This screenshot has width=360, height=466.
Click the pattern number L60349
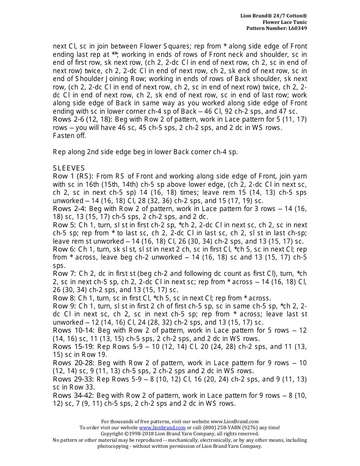[297, 28]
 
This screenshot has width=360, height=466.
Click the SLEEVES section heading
[69, 168]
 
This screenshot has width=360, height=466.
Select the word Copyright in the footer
[111, 434]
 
